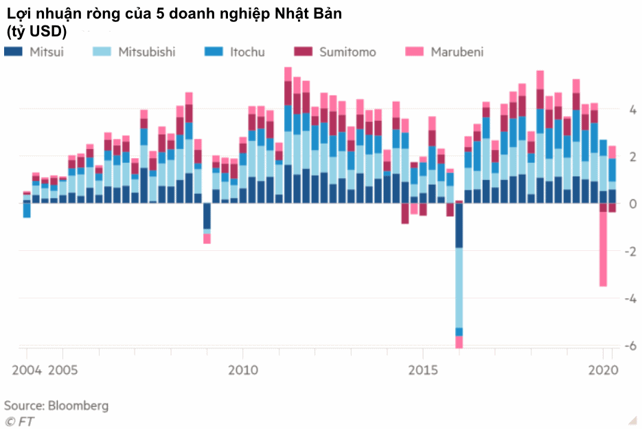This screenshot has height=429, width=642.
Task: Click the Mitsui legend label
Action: [47, 52]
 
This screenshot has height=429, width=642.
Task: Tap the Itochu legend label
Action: [247, 52]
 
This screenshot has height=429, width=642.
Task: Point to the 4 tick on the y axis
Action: [633, 110]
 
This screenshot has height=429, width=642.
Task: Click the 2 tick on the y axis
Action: [633, 157]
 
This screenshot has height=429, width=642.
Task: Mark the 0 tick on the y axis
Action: [633, 204]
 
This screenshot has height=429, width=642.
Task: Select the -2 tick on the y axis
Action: [630, 252]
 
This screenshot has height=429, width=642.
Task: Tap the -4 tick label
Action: [630, 299]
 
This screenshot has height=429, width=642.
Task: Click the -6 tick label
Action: [630, 346]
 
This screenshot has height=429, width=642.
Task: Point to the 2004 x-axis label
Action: [27, 371]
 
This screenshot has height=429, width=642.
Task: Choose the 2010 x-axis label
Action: [243, 371]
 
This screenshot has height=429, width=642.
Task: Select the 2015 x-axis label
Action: [423, 371]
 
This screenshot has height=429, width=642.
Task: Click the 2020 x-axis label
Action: [605, 371]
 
